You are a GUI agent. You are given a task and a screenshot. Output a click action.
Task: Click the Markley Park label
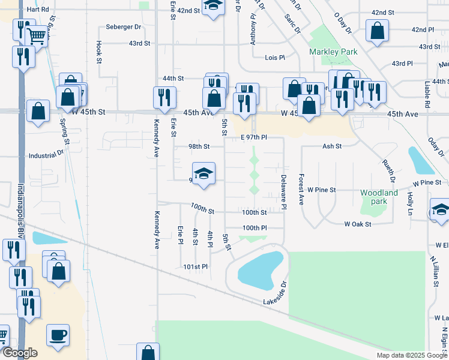click(x=333, y=52)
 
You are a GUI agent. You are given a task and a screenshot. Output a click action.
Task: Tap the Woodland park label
click(x=379, y=197)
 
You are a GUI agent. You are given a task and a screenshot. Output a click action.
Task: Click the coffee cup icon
click(x=58, y=335)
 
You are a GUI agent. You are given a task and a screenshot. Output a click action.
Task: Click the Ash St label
click(x=331, y=146)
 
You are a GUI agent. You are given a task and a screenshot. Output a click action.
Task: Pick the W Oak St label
click(x=358, y=224)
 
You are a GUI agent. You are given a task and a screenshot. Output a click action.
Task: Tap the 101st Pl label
click(x=195, y=266)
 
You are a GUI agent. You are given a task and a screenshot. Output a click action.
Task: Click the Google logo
click(x=19, y=353)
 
